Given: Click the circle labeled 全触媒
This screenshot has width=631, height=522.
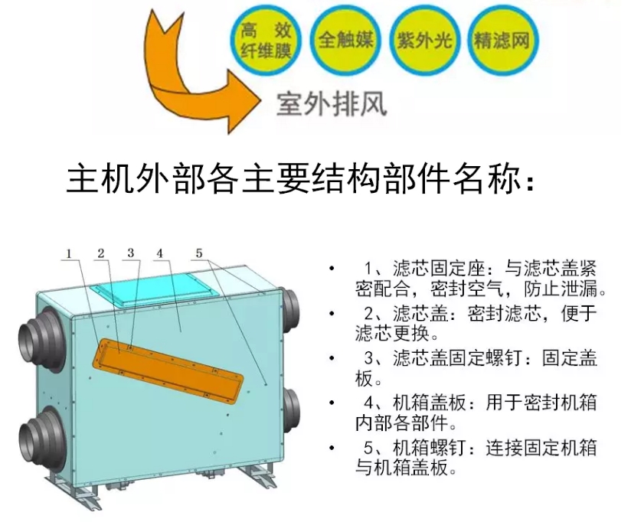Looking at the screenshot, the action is coord(345,40).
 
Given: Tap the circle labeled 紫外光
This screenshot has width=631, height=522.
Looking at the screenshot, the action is coord(424,41).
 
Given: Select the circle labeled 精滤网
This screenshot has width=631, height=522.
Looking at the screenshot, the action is coord(502,41).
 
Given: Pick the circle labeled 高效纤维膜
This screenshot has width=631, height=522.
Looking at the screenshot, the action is coord(266,40).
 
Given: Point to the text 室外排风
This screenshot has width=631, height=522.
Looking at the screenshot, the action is coord(332,105).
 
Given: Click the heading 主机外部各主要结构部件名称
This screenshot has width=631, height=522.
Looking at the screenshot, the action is coord(301,178).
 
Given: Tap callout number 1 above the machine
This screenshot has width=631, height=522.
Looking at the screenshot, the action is coord(69,254).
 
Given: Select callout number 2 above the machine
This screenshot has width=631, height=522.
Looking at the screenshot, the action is coord(101,253).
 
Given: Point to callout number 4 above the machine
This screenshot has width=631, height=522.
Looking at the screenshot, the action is coord(160,253).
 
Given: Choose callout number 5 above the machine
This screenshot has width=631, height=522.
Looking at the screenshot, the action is coord(199,253).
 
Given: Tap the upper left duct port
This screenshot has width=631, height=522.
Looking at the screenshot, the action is coord(41,340).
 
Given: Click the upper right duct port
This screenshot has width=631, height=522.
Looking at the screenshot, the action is coord(289,309).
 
